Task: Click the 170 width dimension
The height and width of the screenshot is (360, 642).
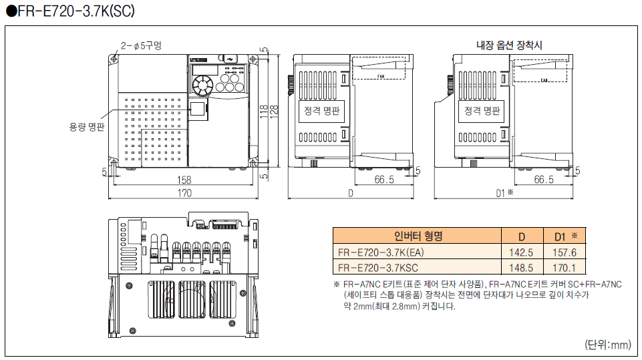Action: (x=184, y=193)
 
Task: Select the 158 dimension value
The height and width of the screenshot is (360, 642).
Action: (x=184, y=180)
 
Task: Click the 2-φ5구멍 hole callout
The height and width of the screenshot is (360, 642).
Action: (x=141, y=45)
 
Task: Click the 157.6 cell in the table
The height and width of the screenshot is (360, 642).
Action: (x=565, y=252)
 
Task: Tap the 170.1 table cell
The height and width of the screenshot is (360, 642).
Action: (x=565, y=268)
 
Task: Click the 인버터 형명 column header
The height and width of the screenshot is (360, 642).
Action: (x=418, y=236)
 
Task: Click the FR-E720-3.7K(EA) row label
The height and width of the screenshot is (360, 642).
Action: (x=381, y=252)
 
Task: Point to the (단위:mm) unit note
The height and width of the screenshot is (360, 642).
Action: (x=607, y=345)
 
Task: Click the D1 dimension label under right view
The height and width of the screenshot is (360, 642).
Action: (x=504, y=193)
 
